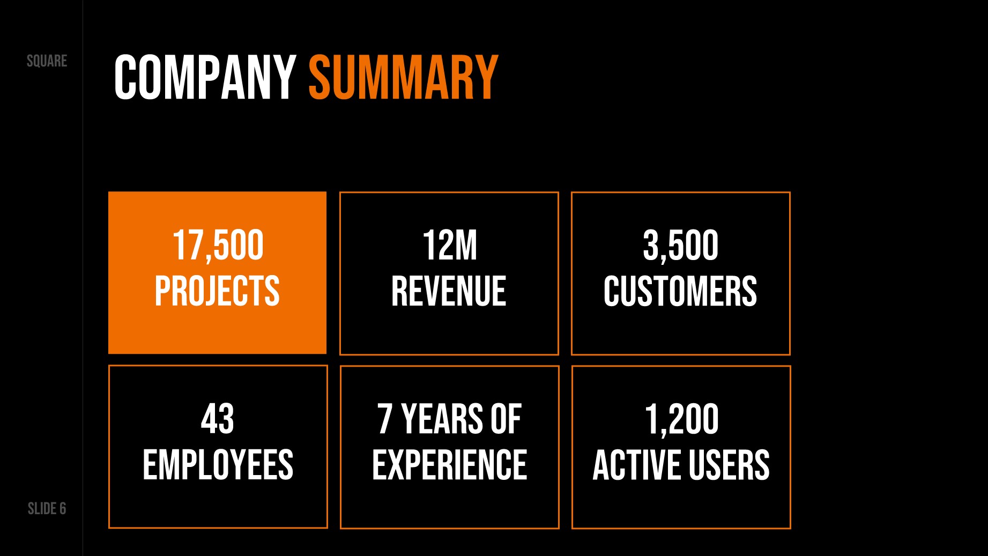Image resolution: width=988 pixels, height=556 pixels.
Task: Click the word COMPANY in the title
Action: point(205,78)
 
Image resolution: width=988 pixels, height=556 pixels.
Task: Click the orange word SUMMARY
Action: point(404,78)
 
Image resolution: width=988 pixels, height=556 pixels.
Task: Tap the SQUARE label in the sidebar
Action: point(47,61)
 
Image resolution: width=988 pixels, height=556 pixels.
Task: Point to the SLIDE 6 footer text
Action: point(47,508)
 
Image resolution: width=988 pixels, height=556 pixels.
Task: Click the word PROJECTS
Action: point(217,291)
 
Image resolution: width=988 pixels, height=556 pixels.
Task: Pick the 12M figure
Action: point(449,246)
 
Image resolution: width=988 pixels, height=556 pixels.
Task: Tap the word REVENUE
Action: point(449,291)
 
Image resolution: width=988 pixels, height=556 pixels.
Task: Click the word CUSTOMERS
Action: point(680,291)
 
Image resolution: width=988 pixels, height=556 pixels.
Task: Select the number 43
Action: point(218,419)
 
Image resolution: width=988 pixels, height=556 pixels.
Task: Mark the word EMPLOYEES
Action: point(218,465)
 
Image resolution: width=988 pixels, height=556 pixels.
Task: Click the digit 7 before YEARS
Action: point(385,419)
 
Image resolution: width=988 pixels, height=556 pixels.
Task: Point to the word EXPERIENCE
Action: point(449,465)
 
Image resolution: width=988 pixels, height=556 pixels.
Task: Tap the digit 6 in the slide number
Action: point(63,508)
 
